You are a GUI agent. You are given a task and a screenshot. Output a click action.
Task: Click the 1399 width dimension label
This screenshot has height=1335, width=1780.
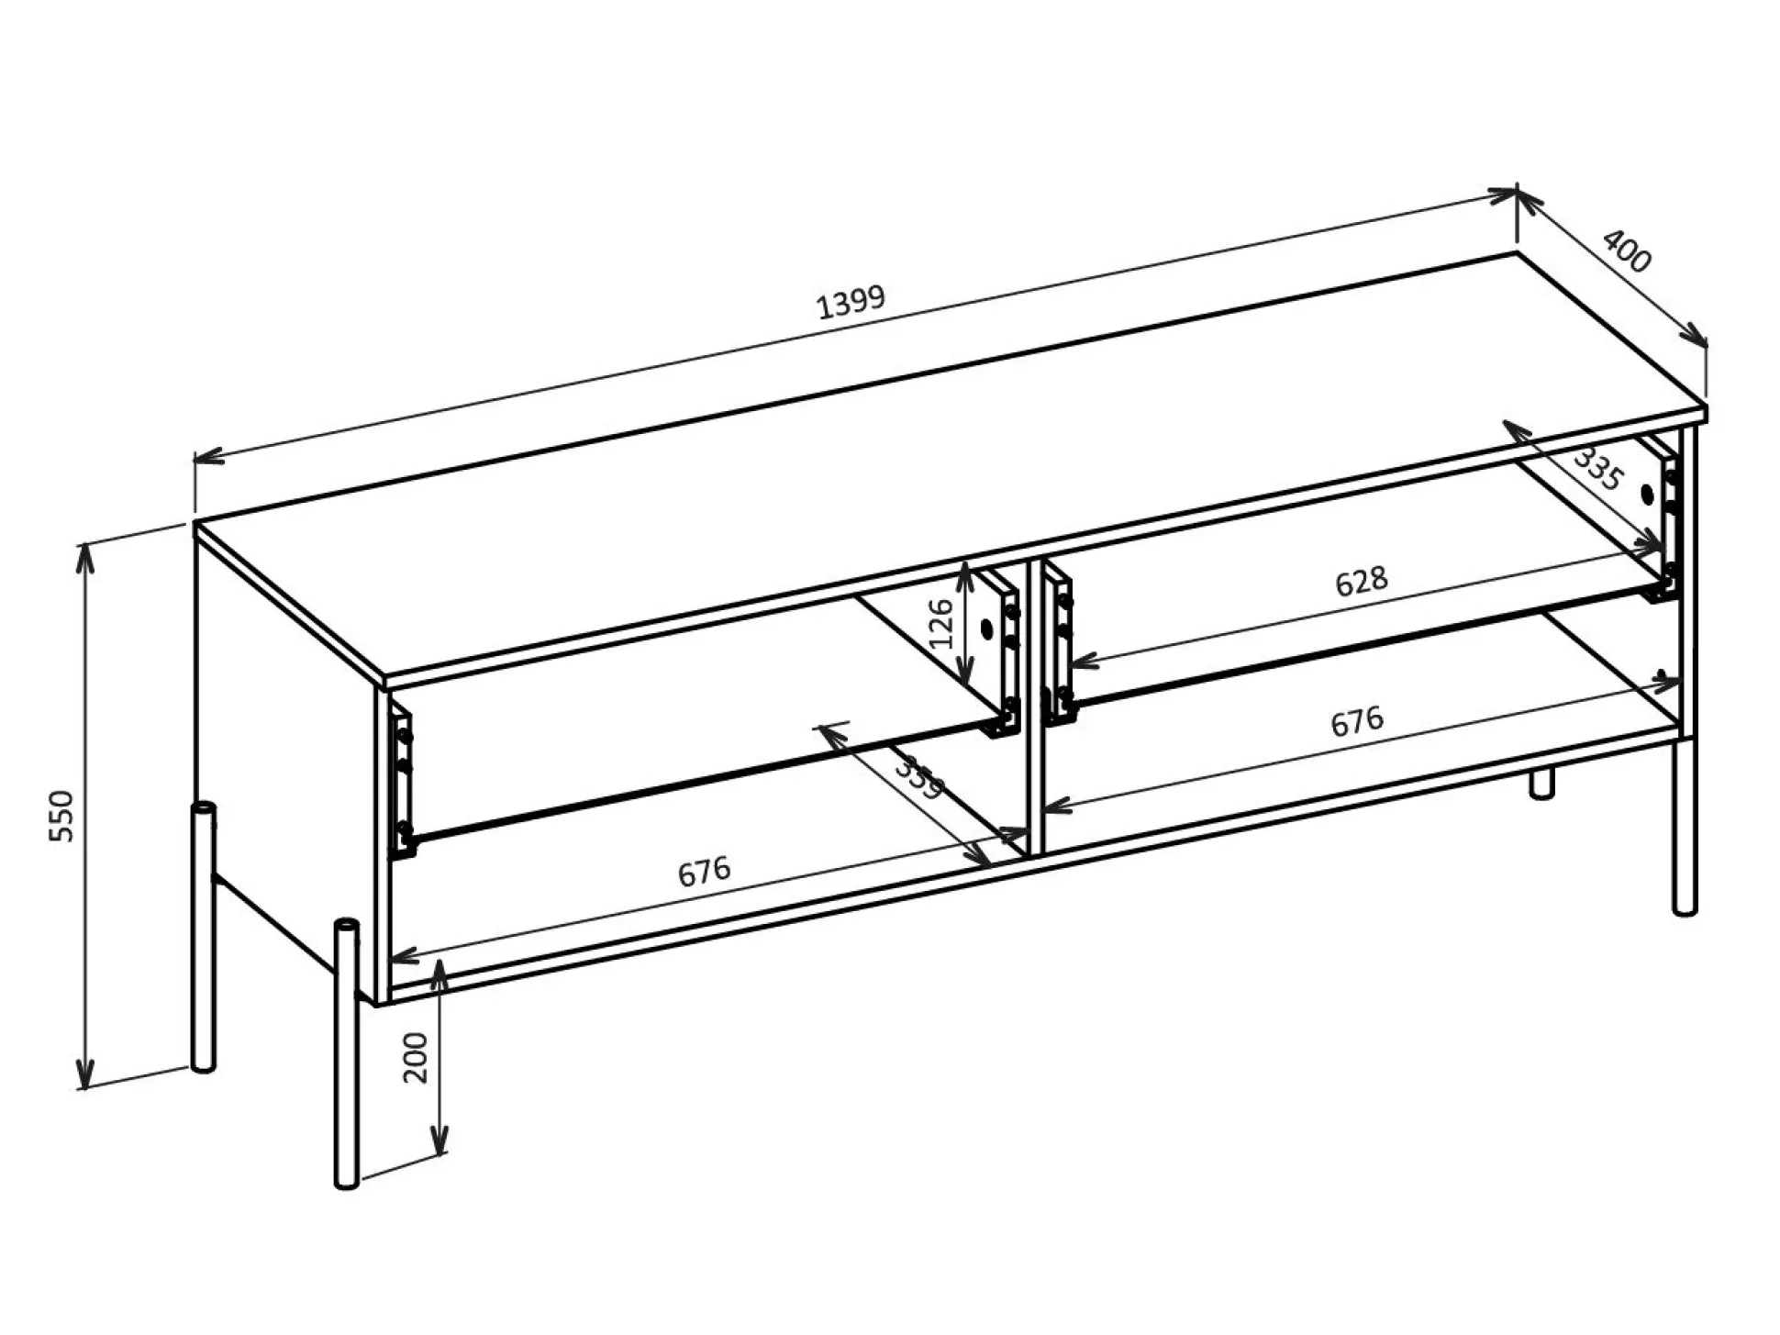pyautogui.click(x=851, y=302)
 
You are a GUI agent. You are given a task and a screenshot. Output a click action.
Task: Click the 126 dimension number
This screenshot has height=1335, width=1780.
pyautogui.click(x=942, y=623)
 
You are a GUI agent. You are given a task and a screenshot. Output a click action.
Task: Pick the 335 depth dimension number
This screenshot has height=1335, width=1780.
pyautogui.click(x=1598, y=470)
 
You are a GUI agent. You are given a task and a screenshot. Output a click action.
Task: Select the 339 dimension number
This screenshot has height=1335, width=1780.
pyautogui.click(x=918, y=776)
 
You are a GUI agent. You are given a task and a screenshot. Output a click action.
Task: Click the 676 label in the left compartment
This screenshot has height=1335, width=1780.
pyautogui.click(x=704, y=872)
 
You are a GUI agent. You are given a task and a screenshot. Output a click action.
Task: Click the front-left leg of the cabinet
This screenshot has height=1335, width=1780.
pyautogui.click(x=346, y=1053)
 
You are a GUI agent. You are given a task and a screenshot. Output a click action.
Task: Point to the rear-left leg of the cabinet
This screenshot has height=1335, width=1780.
pyautogui.click(x=203, y=937)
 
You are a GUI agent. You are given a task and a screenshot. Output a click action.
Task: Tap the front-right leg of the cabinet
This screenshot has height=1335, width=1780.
pyautogui.click(x=1685, y=828)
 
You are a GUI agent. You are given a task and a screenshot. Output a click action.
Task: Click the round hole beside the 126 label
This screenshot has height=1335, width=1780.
pyautogui.click(x=987, y=629)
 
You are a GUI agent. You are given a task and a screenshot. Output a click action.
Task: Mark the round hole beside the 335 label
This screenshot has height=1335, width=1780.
pyautogui.click(x=1647, y=495)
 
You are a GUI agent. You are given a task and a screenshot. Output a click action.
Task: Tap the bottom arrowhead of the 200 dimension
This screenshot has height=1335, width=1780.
pyautogui.click(x=440, y=1140)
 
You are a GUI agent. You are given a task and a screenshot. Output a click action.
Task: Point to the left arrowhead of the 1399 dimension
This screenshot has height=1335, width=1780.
pyautogui.click(x=209, y=455)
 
